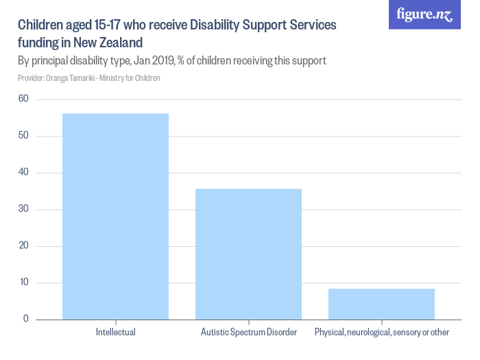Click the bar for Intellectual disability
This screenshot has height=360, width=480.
(115, 216)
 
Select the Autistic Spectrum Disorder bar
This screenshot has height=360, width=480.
(248, 254)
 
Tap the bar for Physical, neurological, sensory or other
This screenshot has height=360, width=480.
(381, 304)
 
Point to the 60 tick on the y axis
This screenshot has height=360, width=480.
(23, 99)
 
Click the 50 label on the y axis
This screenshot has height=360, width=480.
(23, 136)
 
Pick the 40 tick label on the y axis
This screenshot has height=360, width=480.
(23, 173)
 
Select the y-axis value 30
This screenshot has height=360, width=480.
(23, 209)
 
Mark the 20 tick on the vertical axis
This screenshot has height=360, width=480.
(23, 246)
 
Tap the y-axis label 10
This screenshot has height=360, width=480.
(23, 283)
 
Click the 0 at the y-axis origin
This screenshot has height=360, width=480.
(25, 319)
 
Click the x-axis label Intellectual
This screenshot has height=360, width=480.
(115, 333)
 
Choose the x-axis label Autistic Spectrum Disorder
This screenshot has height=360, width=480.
(248, 333)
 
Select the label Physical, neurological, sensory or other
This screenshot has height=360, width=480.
(381, 333)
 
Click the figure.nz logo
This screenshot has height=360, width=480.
(424, 14)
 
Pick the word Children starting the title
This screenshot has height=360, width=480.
(39, 25)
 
